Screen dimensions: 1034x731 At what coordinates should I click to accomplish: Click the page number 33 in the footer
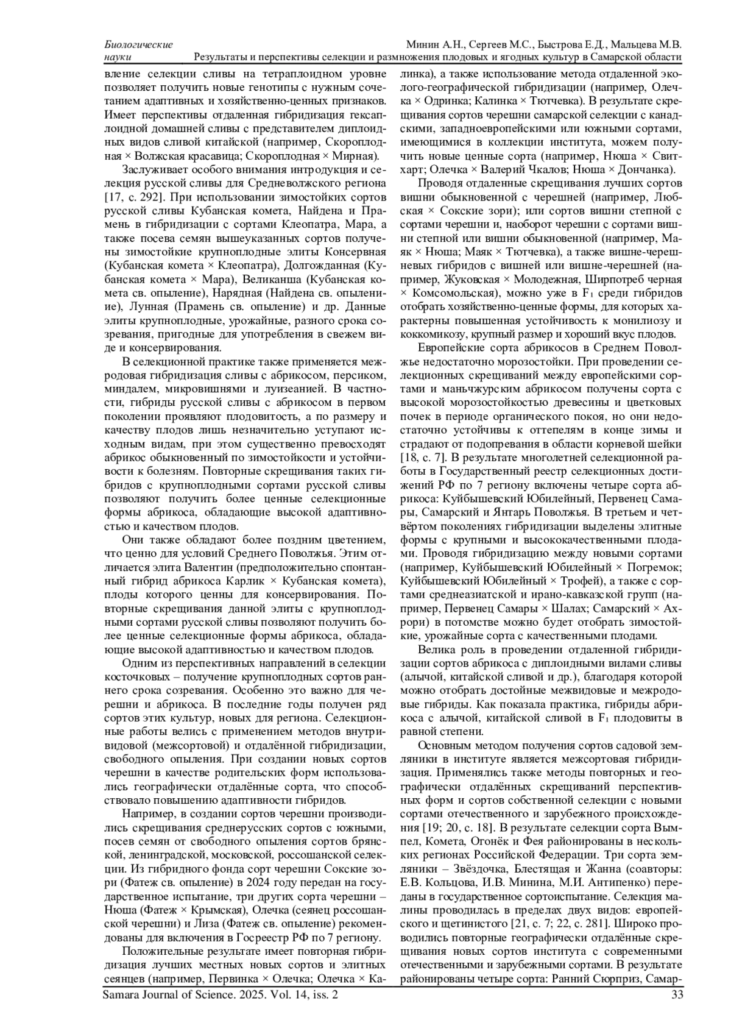[676, 995]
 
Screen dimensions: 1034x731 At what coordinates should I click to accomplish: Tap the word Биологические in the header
[138, 45]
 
